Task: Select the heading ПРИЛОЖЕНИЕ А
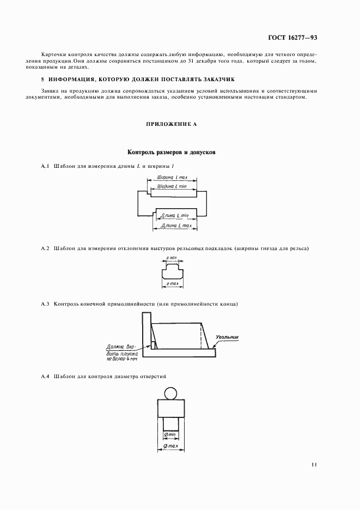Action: (x=171, y=124)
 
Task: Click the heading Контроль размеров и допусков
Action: (x=171, y=153)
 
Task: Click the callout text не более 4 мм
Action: (x=123, y=360)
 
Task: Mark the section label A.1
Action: (x=46, y=166)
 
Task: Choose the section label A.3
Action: (x=46, y=303)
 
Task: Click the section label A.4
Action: (x=46, y=377)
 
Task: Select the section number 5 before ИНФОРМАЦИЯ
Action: (x=43, y=80)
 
